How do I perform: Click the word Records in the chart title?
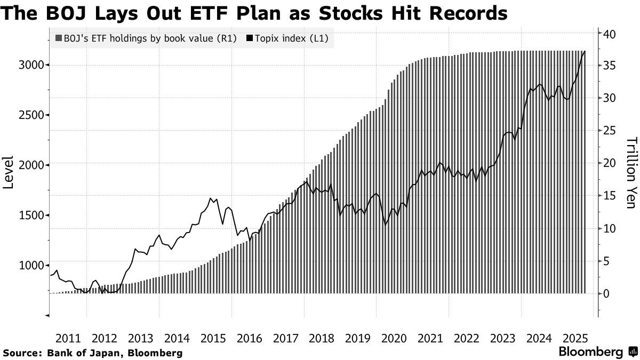pos(463,12)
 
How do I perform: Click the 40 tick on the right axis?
pos(610,34)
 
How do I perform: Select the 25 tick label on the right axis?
pos(610,131)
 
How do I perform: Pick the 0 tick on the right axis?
pos(606,293)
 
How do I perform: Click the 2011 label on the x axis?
pos(68,338)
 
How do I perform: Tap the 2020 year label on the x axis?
pos(394,338)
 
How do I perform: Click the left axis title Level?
pos(9,172)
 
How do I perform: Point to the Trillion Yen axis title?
pos(631,173)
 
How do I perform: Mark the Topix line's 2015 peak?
pos(211,198)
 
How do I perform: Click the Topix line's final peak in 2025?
pos(585,52)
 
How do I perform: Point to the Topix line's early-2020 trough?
pos(385,225)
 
